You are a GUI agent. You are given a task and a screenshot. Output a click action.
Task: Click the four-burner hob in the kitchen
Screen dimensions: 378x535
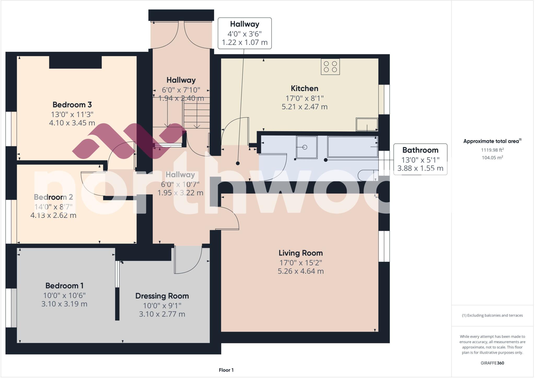pos(330,67)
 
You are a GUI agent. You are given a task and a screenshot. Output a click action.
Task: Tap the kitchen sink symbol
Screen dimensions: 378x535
pos(367,124)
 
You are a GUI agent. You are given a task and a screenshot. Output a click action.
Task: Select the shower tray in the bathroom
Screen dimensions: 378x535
pos(307,147)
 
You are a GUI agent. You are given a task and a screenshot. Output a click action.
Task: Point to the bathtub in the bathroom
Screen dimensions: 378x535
pos(352,147)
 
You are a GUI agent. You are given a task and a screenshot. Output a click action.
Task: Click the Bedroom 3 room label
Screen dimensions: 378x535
pos(72,105)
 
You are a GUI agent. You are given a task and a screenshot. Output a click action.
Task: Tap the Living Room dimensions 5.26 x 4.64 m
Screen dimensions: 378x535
pos(301,271)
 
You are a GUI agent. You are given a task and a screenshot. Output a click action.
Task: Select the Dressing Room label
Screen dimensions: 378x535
pos(162,296)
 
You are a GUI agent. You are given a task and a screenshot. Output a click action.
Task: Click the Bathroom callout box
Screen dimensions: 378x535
pos(420,159)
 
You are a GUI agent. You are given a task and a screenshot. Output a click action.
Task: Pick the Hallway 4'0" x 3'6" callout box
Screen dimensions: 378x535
pos(245,33)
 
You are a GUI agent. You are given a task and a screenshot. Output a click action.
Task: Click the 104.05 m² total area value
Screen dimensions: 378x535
pos(492,158)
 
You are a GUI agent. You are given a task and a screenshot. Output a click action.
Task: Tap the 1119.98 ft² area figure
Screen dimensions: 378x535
pos(492,150)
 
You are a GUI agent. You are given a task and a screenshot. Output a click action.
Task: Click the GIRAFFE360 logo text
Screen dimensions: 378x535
pos(492,363)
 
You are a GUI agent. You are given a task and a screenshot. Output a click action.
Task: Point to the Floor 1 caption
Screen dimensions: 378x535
pos(226,370)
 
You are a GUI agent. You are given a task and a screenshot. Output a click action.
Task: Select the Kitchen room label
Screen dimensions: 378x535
pos(305,88)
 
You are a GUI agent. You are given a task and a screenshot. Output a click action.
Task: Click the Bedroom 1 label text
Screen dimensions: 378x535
pos(64,286)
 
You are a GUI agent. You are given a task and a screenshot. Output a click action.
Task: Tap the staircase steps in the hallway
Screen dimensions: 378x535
pos(197,115)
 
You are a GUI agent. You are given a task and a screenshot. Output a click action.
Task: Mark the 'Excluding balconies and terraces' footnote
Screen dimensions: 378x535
pos(492,315)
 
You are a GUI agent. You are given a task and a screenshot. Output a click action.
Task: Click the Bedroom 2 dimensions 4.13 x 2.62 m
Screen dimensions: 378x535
pos(53,216)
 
